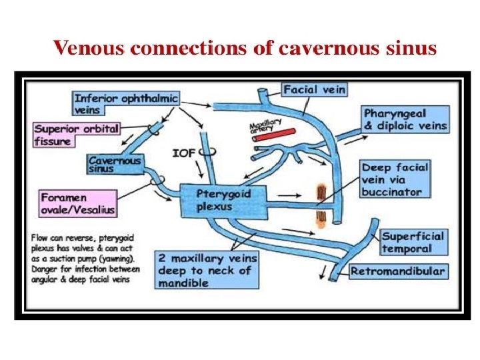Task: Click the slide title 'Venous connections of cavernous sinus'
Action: [x=245, y=49]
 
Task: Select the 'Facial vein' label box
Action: [x=314, y=89]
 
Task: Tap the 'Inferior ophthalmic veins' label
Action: [x=126, y=103]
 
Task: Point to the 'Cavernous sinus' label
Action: [x=115, y=164]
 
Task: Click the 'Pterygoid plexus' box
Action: [x=223, y=199]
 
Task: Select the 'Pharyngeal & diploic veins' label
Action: [x=405, y=119]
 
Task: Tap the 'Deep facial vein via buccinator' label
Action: [x=395, y=179]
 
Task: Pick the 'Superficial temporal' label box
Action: [x=413, y=242]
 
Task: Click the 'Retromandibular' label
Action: [x=397, y=271]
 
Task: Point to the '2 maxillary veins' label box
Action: [x=205, y=270]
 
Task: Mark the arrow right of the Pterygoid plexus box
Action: [x=289, y=195]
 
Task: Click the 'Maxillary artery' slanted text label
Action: [x=265, y=124]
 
